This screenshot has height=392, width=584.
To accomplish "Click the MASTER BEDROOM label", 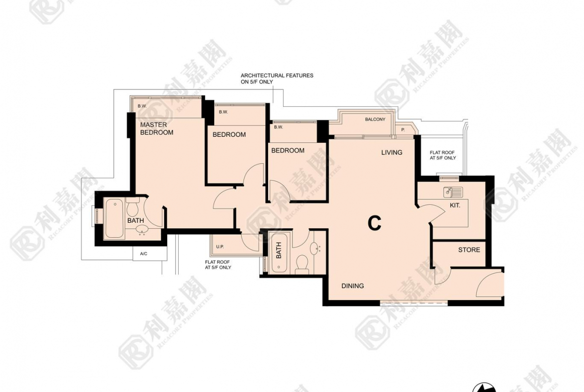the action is (x=157, y=128).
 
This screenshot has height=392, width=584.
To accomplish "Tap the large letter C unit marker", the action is (x=374, y=224).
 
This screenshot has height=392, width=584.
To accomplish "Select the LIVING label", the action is (x=392, y=152).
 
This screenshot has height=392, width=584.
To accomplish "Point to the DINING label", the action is (x=353, y=286).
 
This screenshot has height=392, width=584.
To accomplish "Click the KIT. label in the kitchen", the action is (x=455, y=205).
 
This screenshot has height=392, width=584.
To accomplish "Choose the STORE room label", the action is (x=469, y=250).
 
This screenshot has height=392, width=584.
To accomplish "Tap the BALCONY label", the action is (x=375, y=119).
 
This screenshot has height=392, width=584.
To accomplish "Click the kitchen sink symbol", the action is (x=453, y=192).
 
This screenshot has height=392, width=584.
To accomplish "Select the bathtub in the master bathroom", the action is (x=114, y=219).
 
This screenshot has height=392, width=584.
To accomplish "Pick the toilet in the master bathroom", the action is (x=133, y=208).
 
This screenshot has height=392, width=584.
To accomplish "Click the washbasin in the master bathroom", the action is (x=142, y=230).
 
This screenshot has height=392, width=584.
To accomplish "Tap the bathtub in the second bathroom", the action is (x=279, y=253).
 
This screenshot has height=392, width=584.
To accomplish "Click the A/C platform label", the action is (x=144, y=254).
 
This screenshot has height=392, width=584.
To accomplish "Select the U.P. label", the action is (x=220, y=247).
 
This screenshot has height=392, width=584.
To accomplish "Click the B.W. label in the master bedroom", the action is (x=142, y=106).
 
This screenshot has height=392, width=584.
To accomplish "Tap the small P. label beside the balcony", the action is (x=403, y=130).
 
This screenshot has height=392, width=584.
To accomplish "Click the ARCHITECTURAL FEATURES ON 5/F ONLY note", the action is (x=277, y=78).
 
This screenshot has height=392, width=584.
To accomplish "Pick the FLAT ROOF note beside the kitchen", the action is (x=443, y=155).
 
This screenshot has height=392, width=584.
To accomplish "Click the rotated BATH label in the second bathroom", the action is (x=279, y=250).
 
